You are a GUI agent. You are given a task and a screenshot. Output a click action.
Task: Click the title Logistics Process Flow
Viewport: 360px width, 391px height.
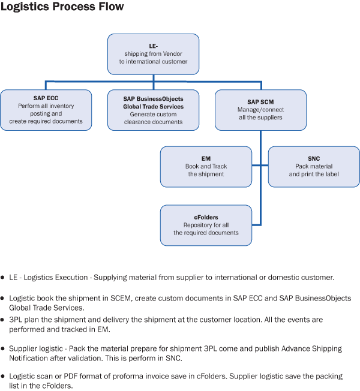tap(62, 8)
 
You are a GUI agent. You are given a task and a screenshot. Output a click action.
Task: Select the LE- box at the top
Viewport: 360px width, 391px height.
tap(153, 54)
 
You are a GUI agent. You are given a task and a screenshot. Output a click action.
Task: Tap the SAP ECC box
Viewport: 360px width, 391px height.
tap(46, 110)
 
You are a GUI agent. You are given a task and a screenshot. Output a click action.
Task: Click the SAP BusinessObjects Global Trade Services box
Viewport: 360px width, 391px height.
tap(153, 110)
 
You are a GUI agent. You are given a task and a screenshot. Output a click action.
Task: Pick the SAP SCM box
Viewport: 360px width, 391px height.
tap(260, 110)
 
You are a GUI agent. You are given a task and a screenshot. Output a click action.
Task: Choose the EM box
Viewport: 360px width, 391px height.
tap(206, 167)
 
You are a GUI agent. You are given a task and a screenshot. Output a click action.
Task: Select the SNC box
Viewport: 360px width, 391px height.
tap(314, 167)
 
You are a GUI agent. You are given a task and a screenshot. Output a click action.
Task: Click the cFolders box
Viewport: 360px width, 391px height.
tap(206, 225)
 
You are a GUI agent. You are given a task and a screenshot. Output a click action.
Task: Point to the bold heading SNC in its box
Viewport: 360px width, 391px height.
tap(314, 159)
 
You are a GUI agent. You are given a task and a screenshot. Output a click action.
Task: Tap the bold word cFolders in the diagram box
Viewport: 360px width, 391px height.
tap(206, 217)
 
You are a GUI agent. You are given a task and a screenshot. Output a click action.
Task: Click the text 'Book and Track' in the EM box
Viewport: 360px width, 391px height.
tap(206, 166)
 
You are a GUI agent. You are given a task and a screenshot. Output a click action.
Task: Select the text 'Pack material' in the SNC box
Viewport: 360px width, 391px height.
tap(314, 166)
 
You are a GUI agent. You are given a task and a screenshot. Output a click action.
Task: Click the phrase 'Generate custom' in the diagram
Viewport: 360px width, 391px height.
tap(153, 114)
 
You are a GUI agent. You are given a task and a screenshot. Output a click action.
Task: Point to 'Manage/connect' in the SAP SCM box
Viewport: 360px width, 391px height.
tap(260, 110)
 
